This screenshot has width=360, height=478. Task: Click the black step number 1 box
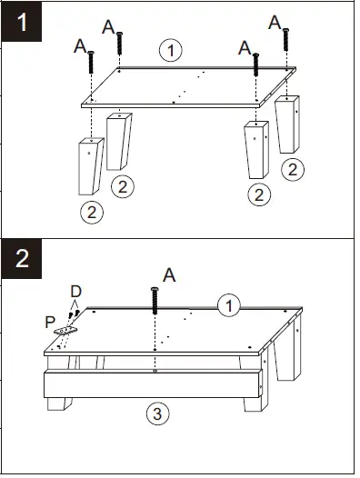point(21,22)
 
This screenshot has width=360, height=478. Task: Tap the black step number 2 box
point(21,259)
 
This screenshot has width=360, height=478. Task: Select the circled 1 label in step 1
point(171,50)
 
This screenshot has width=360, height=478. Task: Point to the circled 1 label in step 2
point(229,305)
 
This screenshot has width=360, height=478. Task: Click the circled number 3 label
point(157,414)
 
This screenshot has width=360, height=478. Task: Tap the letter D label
point(76,292)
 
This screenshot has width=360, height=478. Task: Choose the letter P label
point(50,323)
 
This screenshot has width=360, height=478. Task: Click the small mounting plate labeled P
point(65,330)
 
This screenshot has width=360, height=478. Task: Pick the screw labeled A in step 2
point(155,301)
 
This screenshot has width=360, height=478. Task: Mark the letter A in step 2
point(169,275)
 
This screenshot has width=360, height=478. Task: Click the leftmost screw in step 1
point(91,62)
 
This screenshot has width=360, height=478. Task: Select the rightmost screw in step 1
point(285,40)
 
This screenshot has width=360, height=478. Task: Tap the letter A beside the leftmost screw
point(80,46)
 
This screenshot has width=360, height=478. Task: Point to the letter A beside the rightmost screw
point(275,22)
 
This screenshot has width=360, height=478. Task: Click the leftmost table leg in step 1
point(91,166)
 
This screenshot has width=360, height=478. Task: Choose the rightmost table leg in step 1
point(287,124)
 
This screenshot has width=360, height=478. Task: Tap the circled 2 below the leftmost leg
point(92,212)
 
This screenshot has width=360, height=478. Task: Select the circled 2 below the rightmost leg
point(293,170)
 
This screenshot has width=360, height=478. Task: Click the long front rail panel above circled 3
point(153,384)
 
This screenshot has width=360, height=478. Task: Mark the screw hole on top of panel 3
point(155,371)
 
